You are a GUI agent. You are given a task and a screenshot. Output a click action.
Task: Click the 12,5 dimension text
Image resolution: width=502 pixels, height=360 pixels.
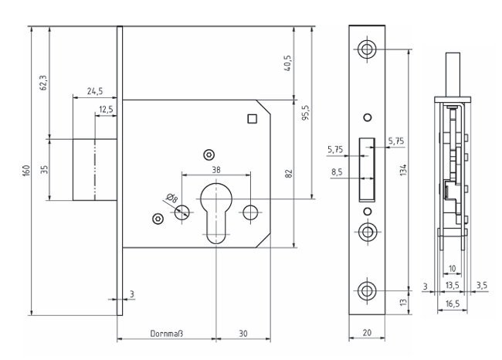tap(106, 110)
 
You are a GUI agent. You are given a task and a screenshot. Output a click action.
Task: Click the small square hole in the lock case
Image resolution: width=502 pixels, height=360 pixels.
tap(250, 118)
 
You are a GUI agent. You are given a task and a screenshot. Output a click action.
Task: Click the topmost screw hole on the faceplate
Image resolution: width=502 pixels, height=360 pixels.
tap(366, 49)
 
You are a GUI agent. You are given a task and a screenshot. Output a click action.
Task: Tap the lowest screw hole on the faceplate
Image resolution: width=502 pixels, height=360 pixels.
tap(366, 290)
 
